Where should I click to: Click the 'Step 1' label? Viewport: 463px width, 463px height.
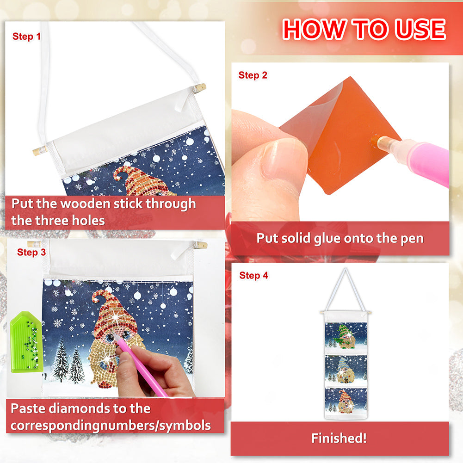(x=26, y=37)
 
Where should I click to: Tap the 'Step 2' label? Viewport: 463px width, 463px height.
(x=253, y=75)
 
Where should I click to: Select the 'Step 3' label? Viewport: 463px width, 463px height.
(x=31, y=253)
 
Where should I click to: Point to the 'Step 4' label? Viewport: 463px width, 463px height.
(x=253, y=276)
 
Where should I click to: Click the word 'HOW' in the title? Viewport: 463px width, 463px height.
(x=315, y=29)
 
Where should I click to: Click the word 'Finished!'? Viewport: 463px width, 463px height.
(x=339, y=438)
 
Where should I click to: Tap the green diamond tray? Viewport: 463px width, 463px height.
(x=26, y=342)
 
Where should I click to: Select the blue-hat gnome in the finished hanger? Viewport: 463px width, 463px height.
(x=346, y=370)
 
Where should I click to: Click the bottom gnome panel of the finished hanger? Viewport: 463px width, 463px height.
(x=346, y=401)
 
